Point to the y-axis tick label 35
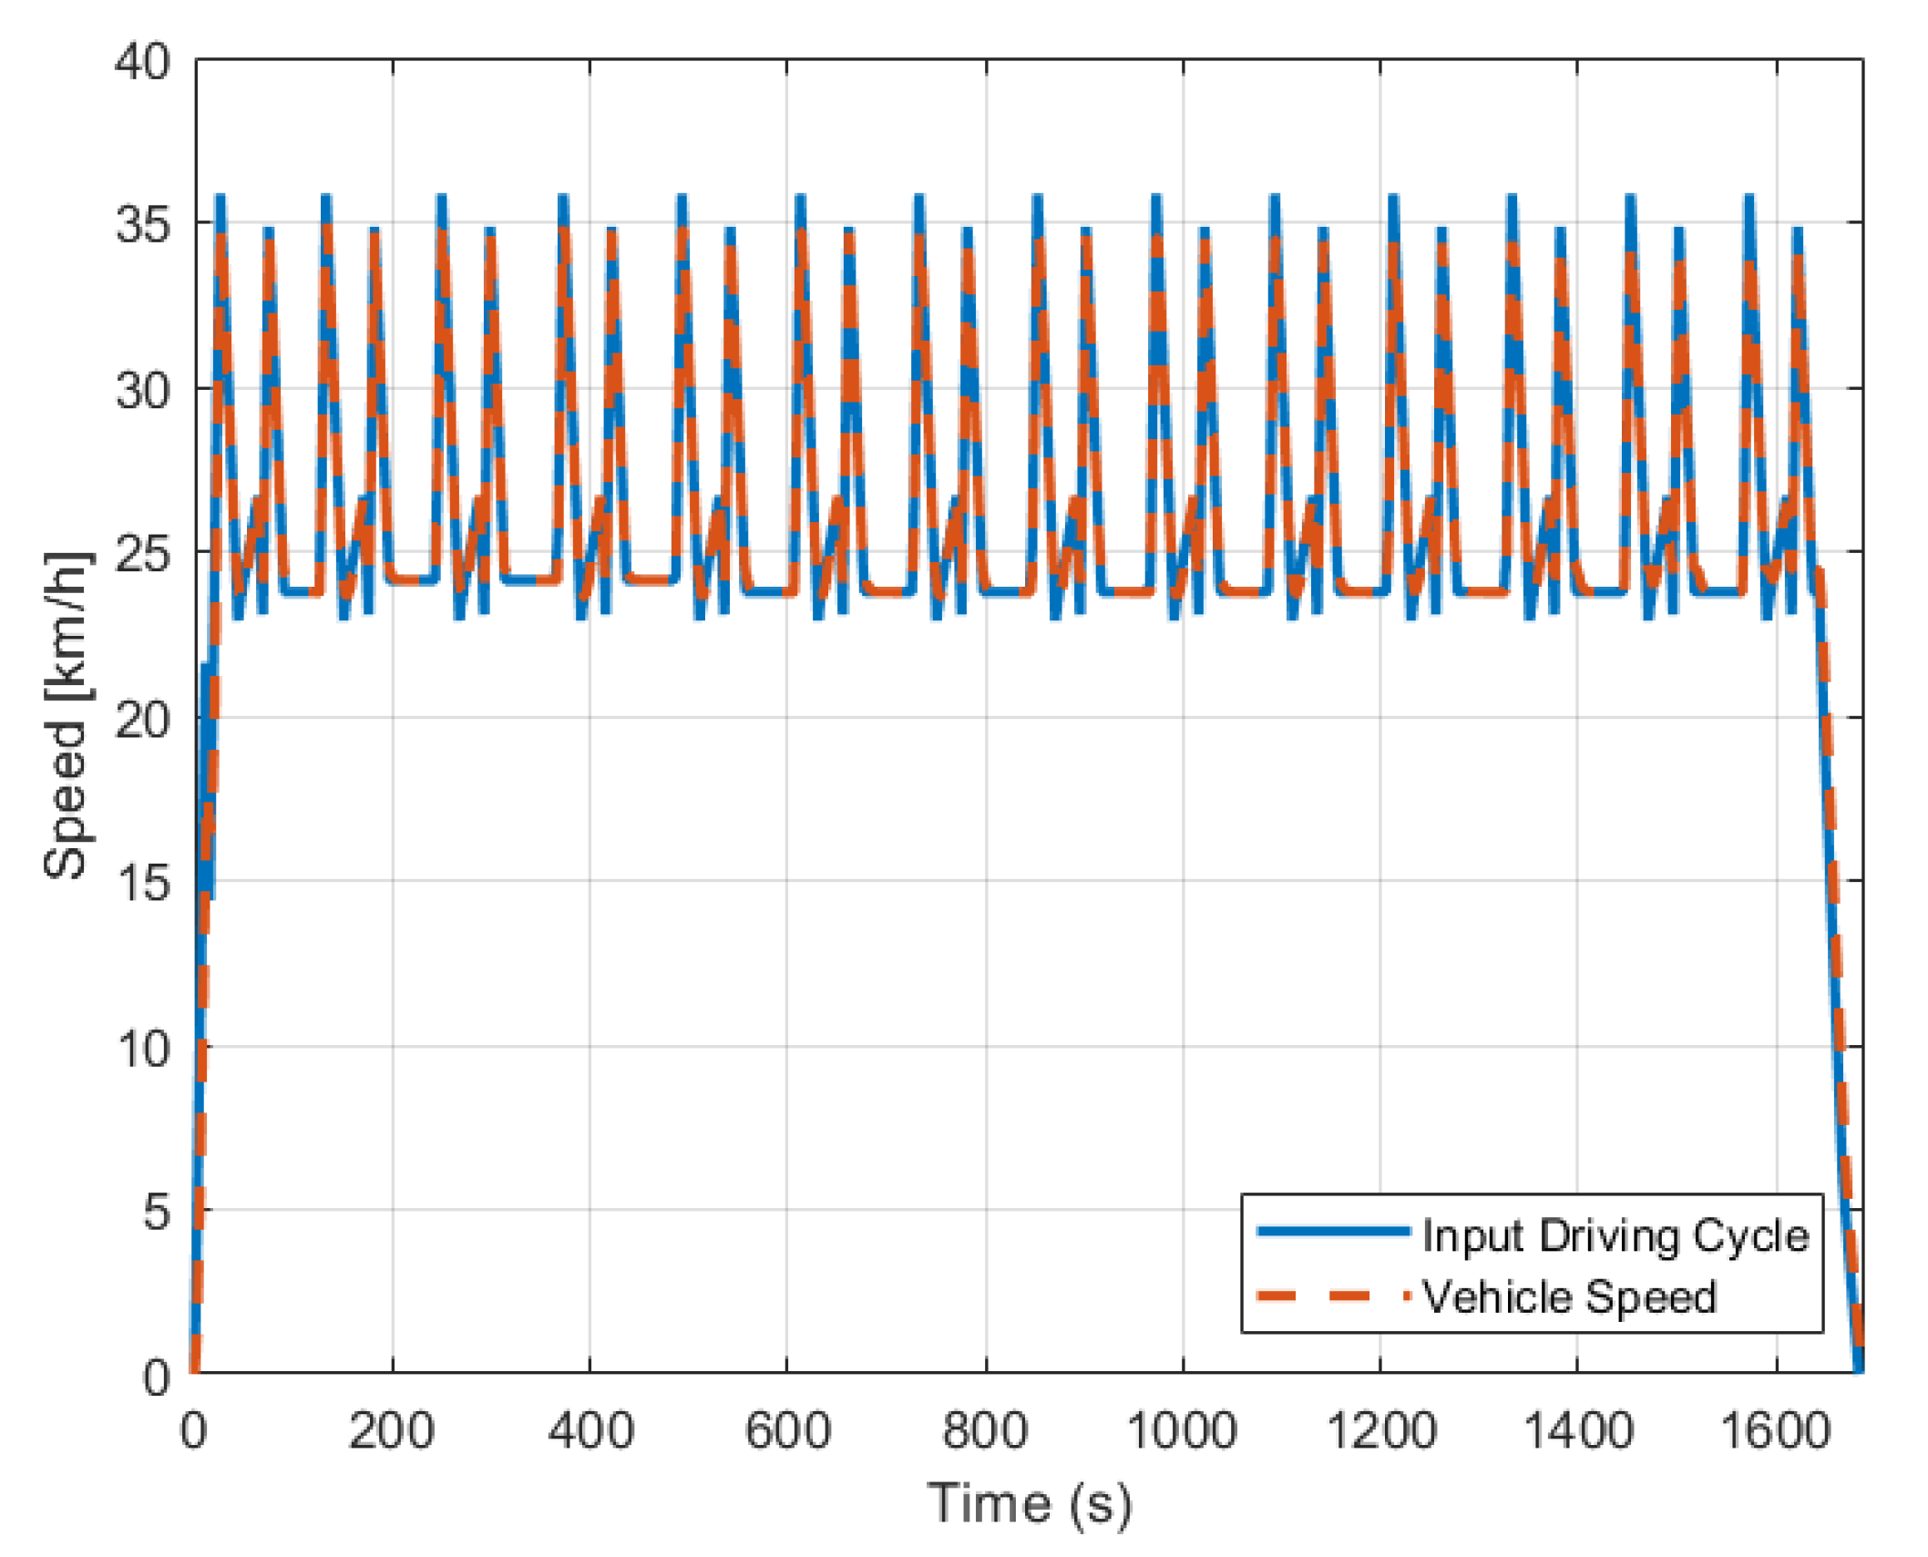(142, 223)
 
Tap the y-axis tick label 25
(142, 553)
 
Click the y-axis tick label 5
(156, 1212)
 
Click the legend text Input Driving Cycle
(1615, 1236)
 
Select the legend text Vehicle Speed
(1569, 1297)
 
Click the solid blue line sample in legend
(1333, 1232)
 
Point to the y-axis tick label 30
(142, 390)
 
